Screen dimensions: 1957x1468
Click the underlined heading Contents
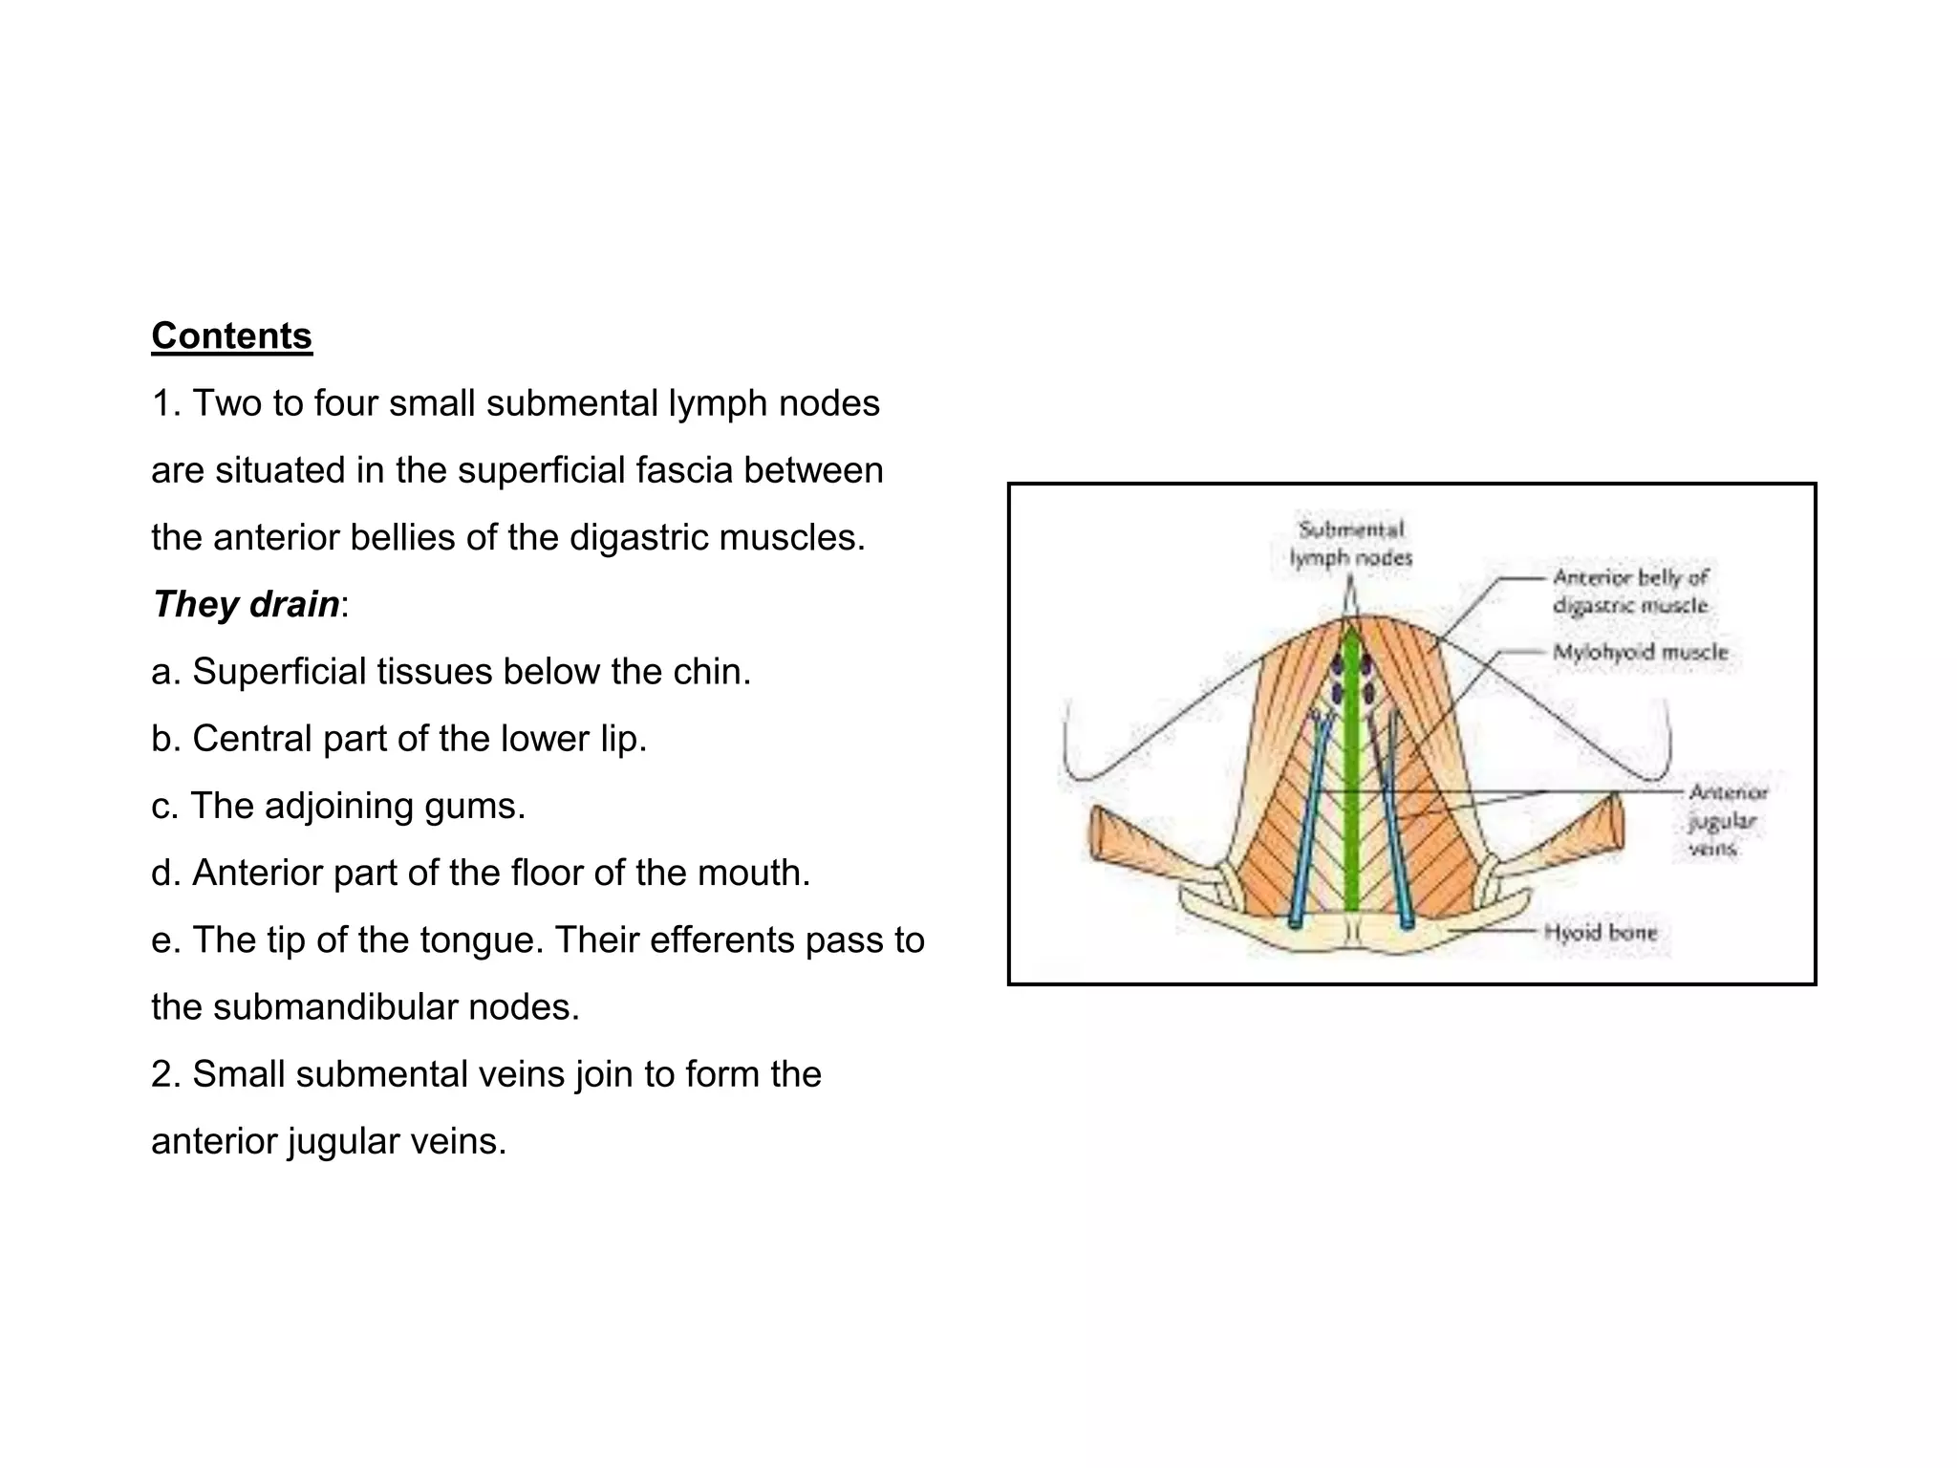point(231,336)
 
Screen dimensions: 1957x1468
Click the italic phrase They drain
point(246,605)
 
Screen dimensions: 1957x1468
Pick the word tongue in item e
point(482,940)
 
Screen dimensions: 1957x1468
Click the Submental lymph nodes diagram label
point(1350,544)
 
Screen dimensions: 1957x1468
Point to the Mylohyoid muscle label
point(1640,653)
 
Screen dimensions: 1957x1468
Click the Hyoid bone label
point(1600,932)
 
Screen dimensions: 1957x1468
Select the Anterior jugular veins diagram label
point(1727,820)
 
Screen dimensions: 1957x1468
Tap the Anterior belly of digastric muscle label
point(1630,591)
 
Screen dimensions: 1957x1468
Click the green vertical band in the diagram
point(1351,784)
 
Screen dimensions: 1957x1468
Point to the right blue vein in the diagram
point(1393,831)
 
